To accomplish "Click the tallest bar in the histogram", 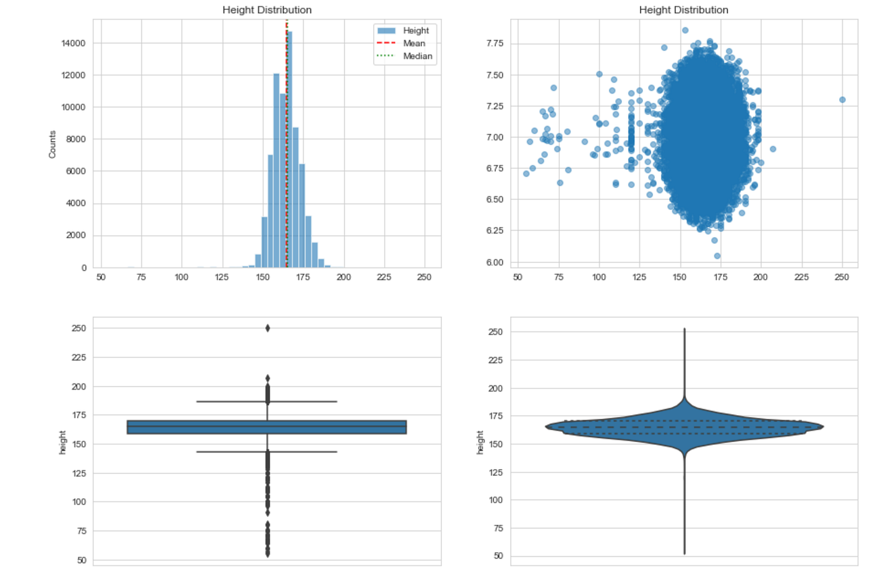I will coord(289,149).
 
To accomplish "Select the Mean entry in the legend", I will coord(414,43).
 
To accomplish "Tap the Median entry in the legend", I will coord(417,56).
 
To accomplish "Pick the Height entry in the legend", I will coord(415,30).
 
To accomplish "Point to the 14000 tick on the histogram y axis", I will coord(73,43).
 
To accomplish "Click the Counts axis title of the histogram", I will coord(52,144).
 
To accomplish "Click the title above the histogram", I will coord(267,10).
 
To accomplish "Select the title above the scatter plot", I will coord(683,10).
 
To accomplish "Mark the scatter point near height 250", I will coord(842,100).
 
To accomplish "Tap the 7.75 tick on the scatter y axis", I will coord(495,43).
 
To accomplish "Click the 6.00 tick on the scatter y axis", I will coord(495,262).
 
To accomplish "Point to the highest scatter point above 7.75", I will coord(685,30).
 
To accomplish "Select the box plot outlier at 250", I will coord(268,328).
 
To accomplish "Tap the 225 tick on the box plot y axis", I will coord(79,357).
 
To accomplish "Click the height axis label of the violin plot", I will coord(480,442).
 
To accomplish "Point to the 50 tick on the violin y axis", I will coord(498,556).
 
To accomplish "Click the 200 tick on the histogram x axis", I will coord(343,277).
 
